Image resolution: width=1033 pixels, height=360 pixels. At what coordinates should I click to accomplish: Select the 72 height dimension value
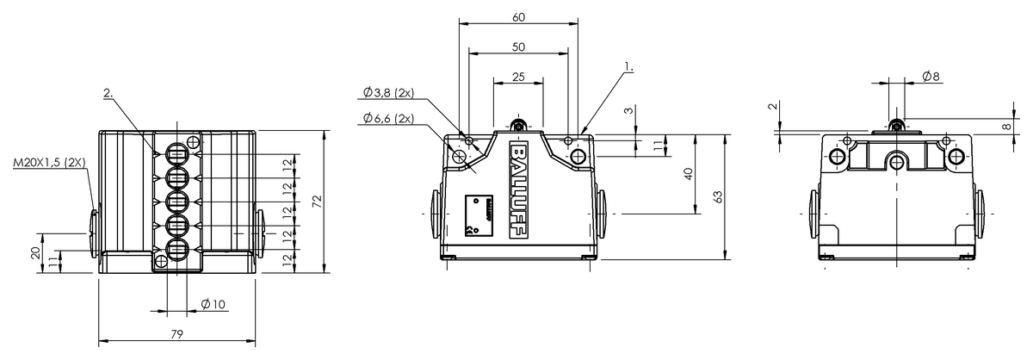pos(316,201)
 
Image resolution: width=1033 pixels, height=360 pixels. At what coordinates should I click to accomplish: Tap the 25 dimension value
pos(517,77)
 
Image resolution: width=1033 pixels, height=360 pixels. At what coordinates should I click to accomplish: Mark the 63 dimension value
pos(719,197)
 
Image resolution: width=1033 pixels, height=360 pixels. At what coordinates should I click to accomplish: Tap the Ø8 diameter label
pos(931,77)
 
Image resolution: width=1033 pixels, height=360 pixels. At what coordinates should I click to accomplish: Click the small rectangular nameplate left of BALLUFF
pos(475,214)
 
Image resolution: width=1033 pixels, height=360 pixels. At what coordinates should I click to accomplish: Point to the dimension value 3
pos(628,111)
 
